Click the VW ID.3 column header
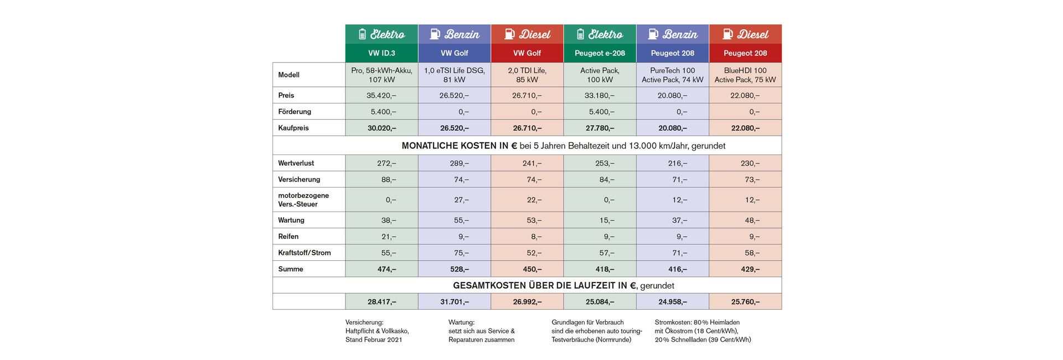[381, 53]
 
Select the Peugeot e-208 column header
[600, 53]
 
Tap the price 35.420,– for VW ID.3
[381, 95]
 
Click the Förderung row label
[295, 111]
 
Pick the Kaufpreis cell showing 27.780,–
[600, 128]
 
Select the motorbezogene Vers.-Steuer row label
[303, 199]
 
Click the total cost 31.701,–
[454, 302]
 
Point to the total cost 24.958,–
[672, 302]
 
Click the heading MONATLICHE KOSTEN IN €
[459, 146]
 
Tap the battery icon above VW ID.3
[362, 34]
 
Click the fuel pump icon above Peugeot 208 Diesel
[727, 34]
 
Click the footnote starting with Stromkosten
[702, 331]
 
